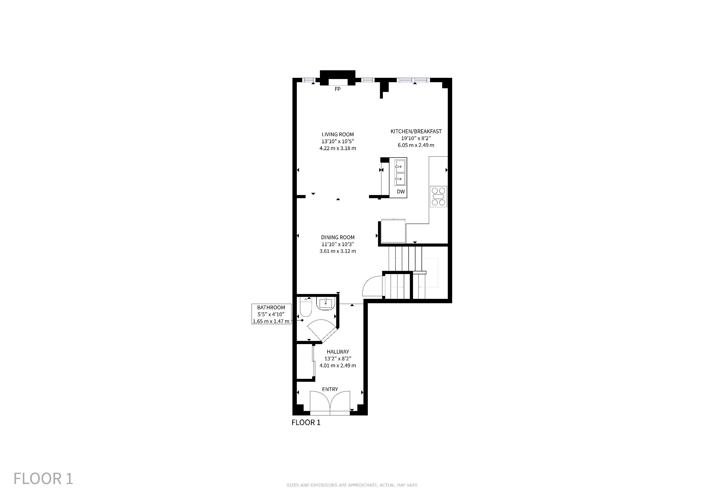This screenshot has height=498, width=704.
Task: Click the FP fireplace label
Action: point(338,89)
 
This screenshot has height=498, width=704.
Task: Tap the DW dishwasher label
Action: point(401,192)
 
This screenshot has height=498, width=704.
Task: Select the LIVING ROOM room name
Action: point(338,134)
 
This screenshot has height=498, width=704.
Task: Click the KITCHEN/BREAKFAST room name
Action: point(416,131)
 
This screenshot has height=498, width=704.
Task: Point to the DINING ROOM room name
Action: point(338,237)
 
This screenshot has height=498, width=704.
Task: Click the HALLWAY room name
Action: point(338,352)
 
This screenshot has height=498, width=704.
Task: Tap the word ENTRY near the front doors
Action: point(330,389)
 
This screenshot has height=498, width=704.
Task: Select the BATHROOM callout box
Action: point(271,314)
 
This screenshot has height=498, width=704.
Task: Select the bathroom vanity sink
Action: point(326,303)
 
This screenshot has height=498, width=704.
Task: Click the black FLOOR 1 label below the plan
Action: point(306,423)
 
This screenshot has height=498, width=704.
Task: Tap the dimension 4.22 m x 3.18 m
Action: point(338,148)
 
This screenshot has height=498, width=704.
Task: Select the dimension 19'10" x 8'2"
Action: point(416,138)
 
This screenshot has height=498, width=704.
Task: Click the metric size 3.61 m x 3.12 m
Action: point(338,251)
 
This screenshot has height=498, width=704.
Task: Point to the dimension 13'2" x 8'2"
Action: point(338,358)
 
